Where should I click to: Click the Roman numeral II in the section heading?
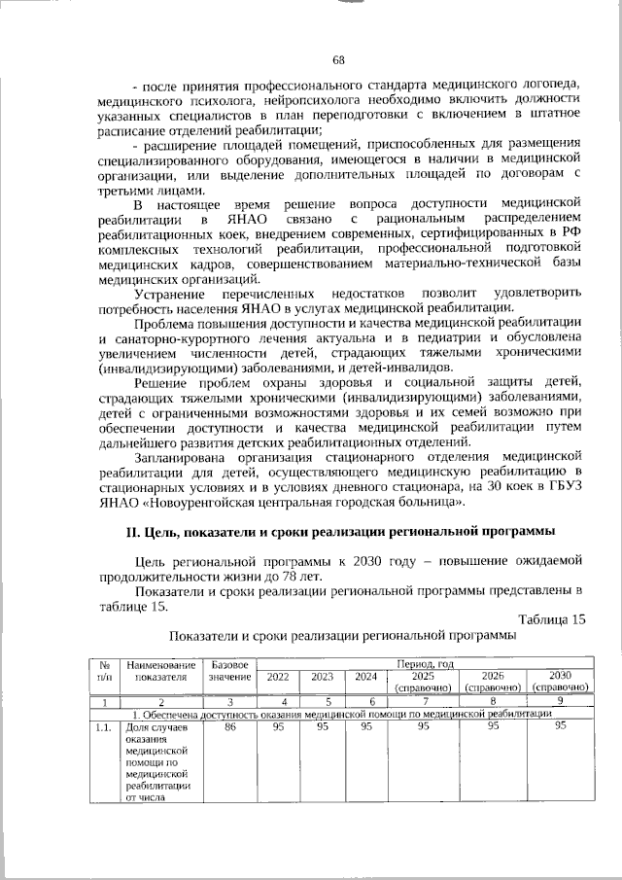pyautogui.click(x=134, y=532)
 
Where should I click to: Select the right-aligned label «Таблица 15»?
pyautogui.click(x=552, y=619)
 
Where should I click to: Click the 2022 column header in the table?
pyautogui.click(x=278, y=676)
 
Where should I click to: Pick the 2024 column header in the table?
pyautogui.click(x=367, y=676)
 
